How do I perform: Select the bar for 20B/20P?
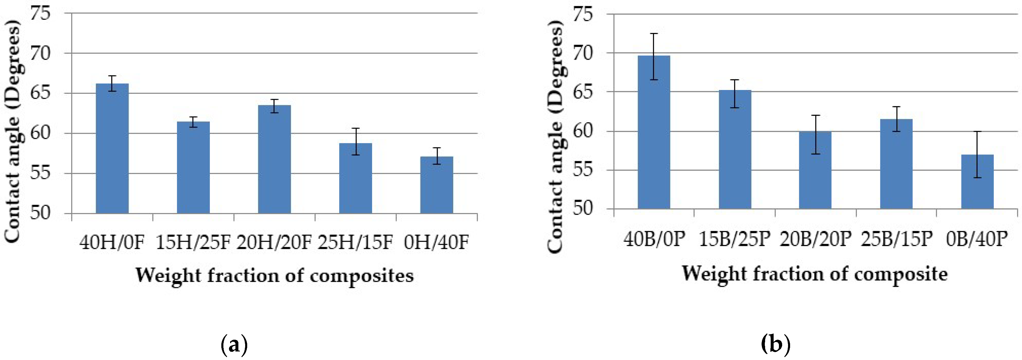click(815, 170)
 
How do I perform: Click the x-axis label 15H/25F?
click(193, 242)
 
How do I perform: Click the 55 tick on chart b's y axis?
click(582, 170)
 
